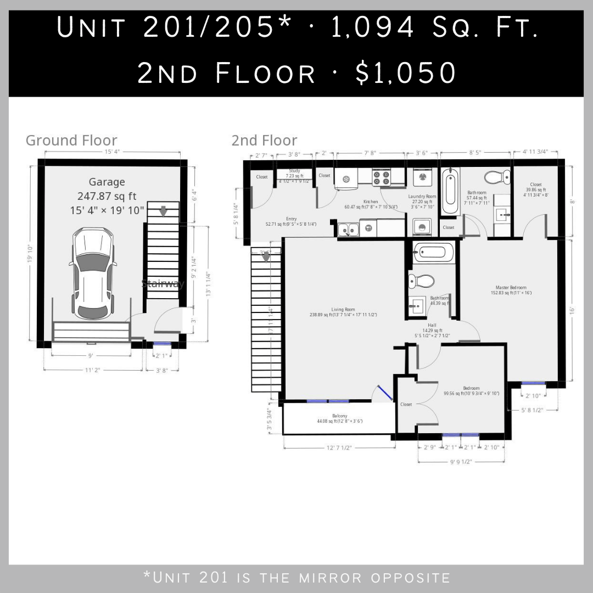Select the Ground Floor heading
(x=71, y=140)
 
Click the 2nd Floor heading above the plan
(x=264, y=140)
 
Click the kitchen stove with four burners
(x=381, y=177)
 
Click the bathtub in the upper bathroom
(x=449, y=192)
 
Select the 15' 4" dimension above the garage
(x=112, y=152)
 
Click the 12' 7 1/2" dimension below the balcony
(x=339, y=449)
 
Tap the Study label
(x=294, y=171)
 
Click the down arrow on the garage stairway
(x=163, y=211)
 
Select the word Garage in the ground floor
(x=107, y=182)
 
